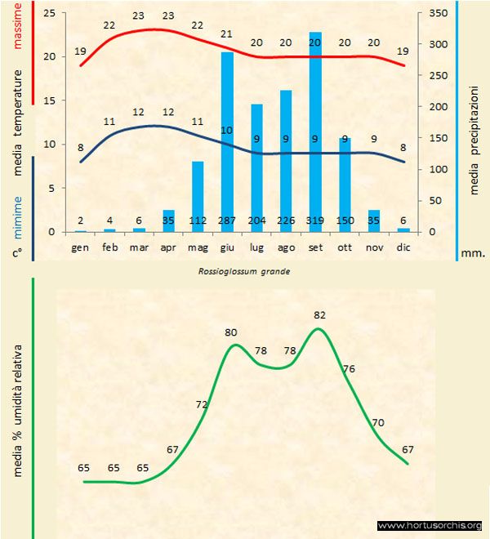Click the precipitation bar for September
pyautogui.click(x=315, y=131)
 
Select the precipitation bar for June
pyautogui.click(x=227, y=139)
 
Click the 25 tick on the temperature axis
pyautogui.click(x=50, y=14)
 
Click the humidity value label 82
pyautogui.click(x=319, y=314)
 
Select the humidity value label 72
pyautogui.click(x=202, y=404)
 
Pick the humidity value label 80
pyautogui.click(x=231, y=332)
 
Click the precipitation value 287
pyautogui.click(x=227, y=220)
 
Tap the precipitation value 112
pyautogui.click(x=198, y=220)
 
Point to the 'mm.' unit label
pyautogui.click(x=474, y=253)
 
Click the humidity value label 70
pyautogui.click(x=378, y=422)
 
